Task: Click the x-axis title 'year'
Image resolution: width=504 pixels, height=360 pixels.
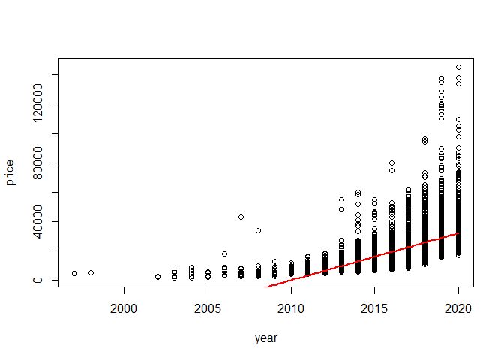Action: pyautogui.click(x=266, y=338)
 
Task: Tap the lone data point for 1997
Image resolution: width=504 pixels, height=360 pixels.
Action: pyautogui.click(x=74, y=273)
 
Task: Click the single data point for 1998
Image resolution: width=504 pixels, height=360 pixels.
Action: pyautogui.click(x=91, y=272)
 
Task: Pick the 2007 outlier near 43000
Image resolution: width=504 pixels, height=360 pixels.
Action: pyautogui.click(x=241, y=217)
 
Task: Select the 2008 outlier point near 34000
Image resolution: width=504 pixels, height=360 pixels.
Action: pyautogui.click(x=258, y=230)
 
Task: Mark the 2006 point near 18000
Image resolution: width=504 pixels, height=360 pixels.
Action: pyautogui.click(x=224, y=253)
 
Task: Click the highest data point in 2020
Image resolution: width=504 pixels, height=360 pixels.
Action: pyautogui.click(x=458, y=67)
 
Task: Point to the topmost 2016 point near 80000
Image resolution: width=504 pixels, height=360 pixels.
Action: pyautogui.click(x=391, y=163)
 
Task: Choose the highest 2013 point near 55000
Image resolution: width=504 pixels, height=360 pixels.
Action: pyautogui.click(x=341, y=199)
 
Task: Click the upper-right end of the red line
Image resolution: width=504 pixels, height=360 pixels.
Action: pyautogui.click(x=458, y=233)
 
